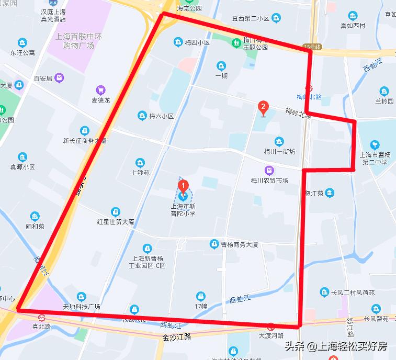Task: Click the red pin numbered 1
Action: pos(183,186)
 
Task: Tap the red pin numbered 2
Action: pos(264,108)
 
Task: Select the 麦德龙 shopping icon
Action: pos(100,90)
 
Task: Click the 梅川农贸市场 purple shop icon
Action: pos(269,170)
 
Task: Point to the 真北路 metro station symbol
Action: pos(41,317)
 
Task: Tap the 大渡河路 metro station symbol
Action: pos(270,327)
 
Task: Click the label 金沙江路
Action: pos(174,336)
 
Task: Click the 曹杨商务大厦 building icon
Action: pos(213,244)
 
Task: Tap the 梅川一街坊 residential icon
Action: pos(279,141)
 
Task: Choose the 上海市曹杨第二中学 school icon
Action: pos(374,145)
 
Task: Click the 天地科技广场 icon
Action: pos(81,297)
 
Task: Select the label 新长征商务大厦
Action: pos(85,140)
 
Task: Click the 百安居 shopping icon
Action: pos(59,78)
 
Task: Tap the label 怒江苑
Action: pos(314,194)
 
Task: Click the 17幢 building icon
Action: pos(200,297)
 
